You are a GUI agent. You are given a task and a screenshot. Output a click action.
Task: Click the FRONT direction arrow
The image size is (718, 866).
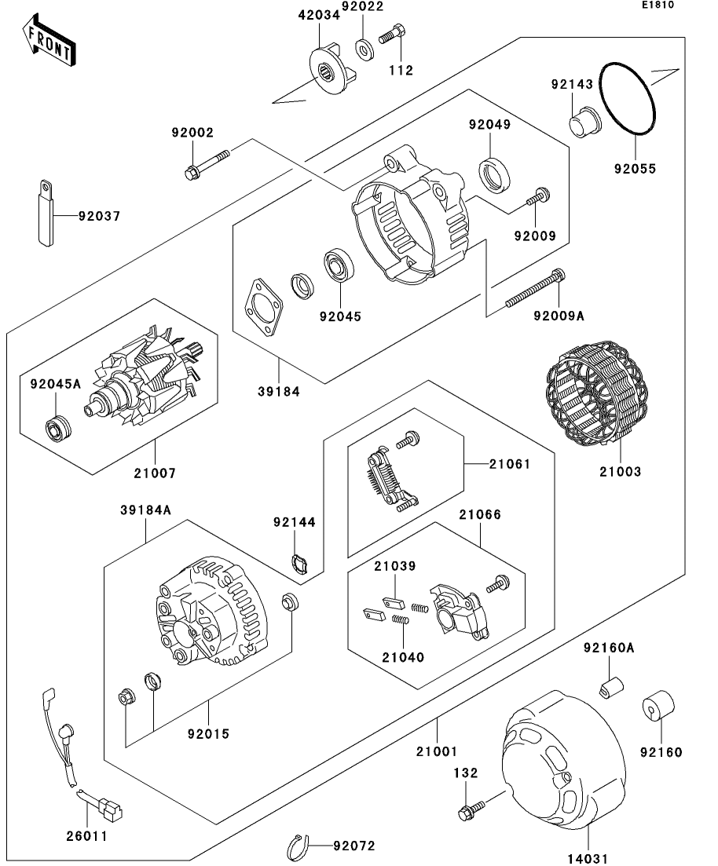click(x=49, y=42)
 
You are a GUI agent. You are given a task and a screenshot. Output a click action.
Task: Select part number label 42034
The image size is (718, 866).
click(x=319, y=13)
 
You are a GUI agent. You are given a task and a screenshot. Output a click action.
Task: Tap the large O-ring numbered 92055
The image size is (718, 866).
click(x=629, y=97)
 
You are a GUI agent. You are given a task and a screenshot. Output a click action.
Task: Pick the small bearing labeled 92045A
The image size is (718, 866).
click(x=57, y=428)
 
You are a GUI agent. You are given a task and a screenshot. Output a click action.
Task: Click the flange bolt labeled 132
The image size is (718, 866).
click(x=467, y=809)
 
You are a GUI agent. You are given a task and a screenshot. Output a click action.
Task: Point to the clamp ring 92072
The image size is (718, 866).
click(x=295, y=846)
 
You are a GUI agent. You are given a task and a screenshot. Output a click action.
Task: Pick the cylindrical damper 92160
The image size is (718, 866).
click(x=659, y=706)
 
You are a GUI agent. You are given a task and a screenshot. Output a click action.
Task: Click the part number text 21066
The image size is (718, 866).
click(x=481, y=514)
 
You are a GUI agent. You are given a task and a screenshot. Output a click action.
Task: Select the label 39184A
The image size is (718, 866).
click(x=145, y=510)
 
